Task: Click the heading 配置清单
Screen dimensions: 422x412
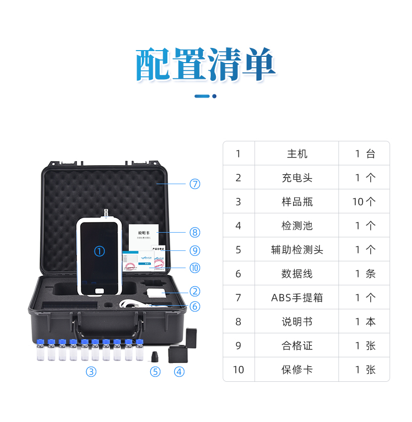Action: click(205, 65)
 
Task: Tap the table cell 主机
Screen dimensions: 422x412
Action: click(297, 154)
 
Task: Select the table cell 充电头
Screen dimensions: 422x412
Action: click(297, 178)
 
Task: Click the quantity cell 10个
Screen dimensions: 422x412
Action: click(364, 202)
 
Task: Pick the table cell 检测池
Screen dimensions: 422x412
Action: click(297, 226)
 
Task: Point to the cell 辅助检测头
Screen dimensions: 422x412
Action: click(297, 250)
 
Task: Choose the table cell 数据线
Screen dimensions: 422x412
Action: click(297, 274)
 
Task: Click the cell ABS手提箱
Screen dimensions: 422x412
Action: click(297, 298)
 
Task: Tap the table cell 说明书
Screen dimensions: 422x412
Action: click(297, 322)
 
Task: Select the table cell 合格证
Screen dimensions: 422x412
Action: click(297, 346)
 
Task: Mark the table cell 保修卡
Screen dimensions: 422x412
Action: click(297, 370)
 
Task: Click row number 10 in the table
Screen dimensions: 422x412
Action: click(238, 370)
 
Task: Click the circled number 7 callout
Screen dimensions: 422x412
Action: click(195, 184)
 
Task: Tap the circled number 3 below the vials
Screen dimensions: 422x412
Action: click(91, 372)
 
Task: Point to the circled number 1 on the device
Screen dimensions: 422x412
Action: click(99, 251)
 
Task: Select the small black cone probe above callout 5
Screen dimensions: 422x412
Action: click(155, 357)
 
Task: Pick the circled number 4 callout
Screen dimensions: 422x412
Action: click(179, 372)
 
